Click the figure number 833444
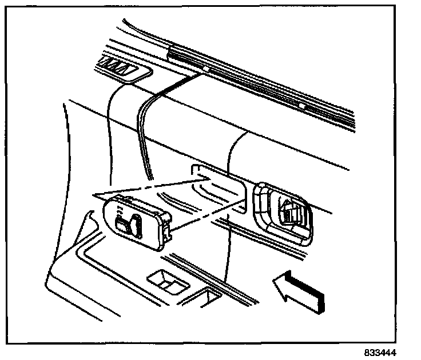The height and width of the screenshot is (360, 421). [380, 353]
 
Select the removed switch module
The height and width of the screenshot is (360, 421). [137, 220]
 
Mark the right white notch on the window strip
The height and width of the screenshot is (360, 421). [301, 106]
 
